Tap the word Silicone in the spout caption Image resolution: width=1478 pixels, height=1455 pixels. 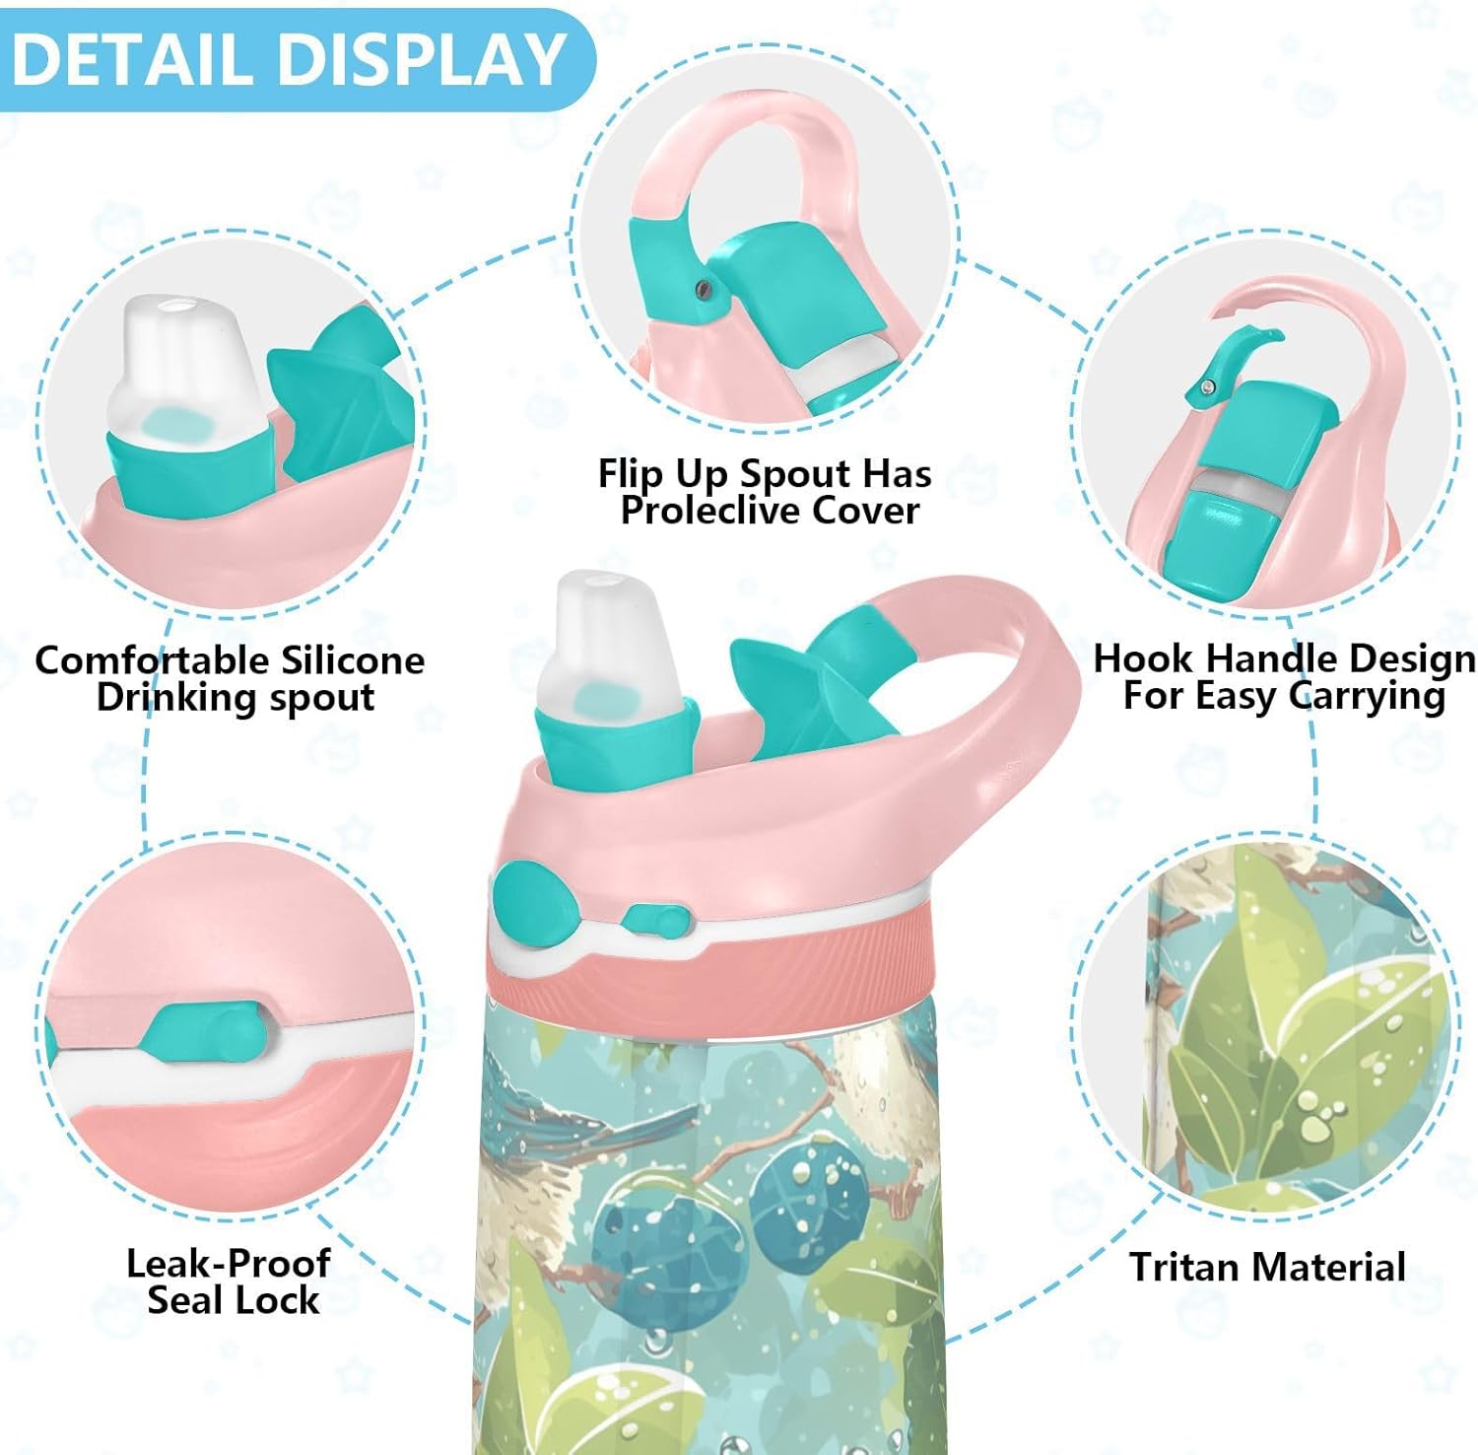coord(352,659)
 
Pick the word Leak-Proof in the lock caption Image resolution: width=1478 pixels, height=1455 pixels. coord(228,1263)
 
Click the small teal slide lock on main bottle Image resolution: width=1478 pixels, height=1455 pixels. coord(654,921)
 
